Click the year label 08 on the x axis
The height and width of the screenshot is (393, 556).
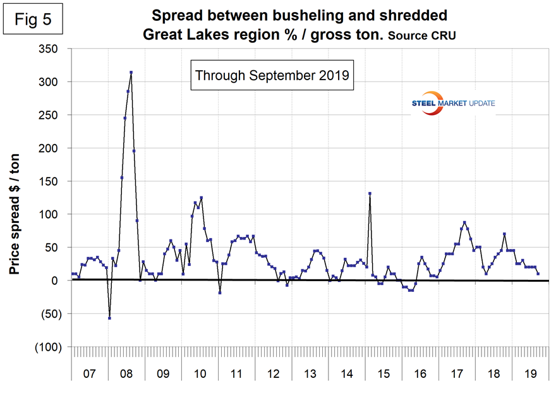126,374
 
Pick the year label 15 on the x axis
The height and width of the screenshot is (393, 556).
384,374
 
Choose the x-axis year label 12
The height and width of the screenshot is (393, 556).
274,374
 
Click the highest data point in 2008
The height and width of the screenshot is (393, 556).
131,73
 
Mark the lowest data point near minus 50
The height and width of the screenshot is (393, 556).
109,318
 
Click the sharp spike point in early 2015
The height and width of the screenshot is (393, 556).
370,193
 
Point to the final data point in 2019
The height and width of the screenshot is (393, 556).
538,274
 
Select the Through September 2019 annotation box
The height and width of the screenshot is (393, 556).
272,75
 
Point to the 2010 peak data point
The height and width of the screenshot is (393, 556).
201,198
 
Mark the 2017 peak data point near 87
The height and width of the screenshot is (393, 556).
464,222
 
